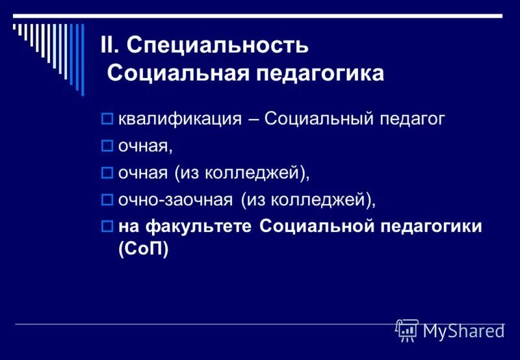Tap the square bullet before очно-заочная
pos(108,200)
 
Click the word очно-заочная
pos(175,200)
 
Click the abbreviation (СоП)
pos(143,249)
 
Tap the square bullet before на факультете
pos(108,227)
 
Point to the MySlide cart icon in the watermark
pos(407,330)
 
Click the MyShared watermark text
pos(464,331)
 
